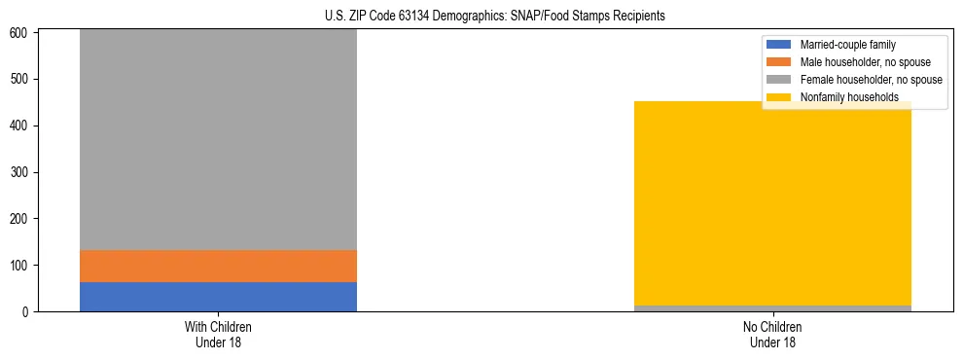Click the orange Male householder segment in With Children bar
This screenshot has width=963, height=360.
tap(218, 266)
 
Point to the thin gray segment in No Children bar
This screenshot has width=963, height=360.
tap(772, 308)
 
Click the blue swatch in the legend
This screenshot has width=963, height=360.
tap(779, 45)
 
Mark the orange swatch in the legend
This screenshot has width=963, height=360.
tap(779, 62)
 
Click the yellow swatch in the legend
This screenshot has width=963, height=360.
tap(779, 97)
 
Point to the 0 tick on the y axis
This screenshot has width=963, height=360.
tap(26, 312)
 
